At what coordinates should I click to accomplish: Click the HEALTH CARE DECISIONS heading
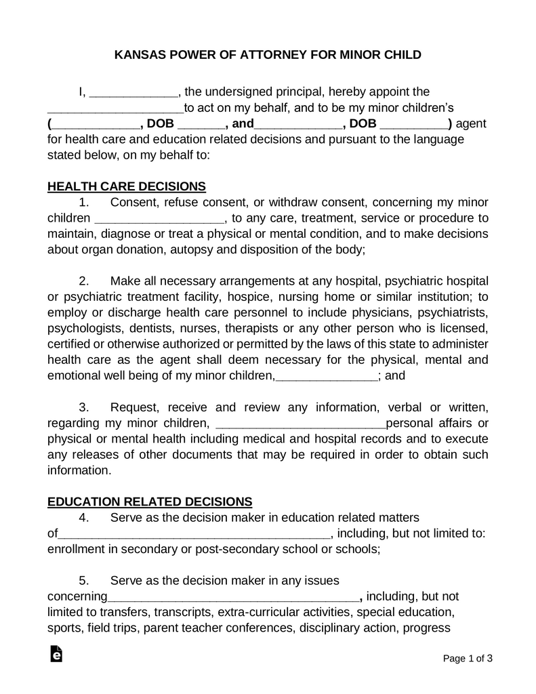(127, 186)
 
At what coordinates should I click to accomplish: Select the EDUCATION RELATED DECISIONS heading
(150, 502)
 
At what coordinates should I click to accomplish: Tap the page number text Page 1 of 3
(468, 658)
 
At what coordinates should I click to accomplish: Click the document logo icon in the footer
(56, 653)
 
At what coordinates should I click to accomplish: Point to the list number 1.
(84, 202)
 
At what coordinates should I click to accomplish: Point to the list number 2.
(84, 281)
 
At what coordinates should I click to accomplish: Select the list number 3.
(84, 407)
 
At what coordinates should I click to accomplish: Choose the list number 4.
(84, 518)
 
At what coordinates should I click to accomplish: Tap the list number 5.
(84, 581)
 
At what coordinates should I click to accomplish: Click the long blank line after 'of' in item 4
(194, 534)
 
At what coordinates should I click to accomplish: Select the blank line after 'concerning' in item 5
(234, 597)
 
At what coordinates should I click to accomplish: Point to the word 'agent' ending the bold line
(472, 124)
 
